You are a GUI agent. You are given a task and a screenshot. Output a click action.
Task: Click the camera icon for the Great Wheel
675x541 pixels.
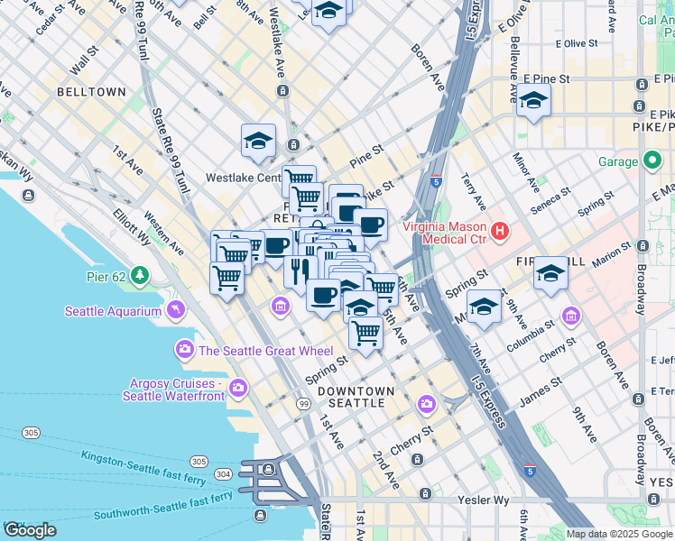(184, 349)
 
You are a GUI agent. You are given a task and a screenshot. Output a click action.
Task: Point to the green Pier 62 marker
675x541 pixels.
(139, 273)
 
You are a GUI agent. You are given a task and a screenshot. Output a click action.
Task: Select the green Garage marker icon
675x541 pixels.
(653, 162)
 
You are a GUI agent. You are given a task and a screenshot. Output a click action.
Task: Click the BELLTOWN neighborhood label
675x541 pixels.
(91, 92)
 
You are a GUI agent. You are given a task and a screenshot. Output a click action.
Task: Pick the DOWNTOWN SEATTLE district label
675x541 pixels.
(356, 397)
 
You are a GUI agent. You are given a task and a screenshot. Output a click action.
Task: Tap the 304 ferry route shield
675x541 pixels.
(222, 473)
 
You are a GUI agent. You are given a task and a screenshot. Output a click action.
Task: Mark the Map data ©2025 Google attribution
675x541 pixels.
(618, 534)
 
